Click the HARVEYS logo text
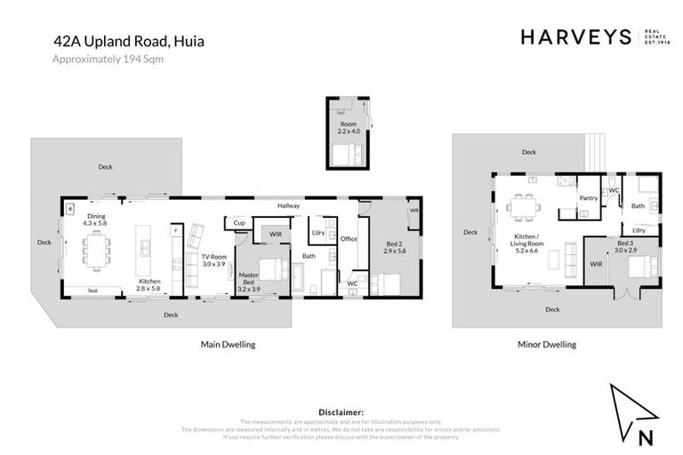point(575,36)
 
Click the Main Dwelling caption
point(233,344)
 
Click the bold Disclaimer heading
point(341,412)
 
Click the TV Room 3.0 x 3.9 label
point(213,260)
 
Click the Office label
point(349,239)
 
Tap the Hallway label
point(287,206)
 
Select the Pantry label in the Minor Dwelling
point(588,198)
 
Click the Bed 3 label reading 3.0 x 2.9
point(626,247)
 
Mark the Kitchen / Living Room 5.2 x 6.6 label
point(533,243)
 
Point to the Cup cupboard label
point(239,224)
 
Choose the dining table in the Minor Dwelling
point(522,207)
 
